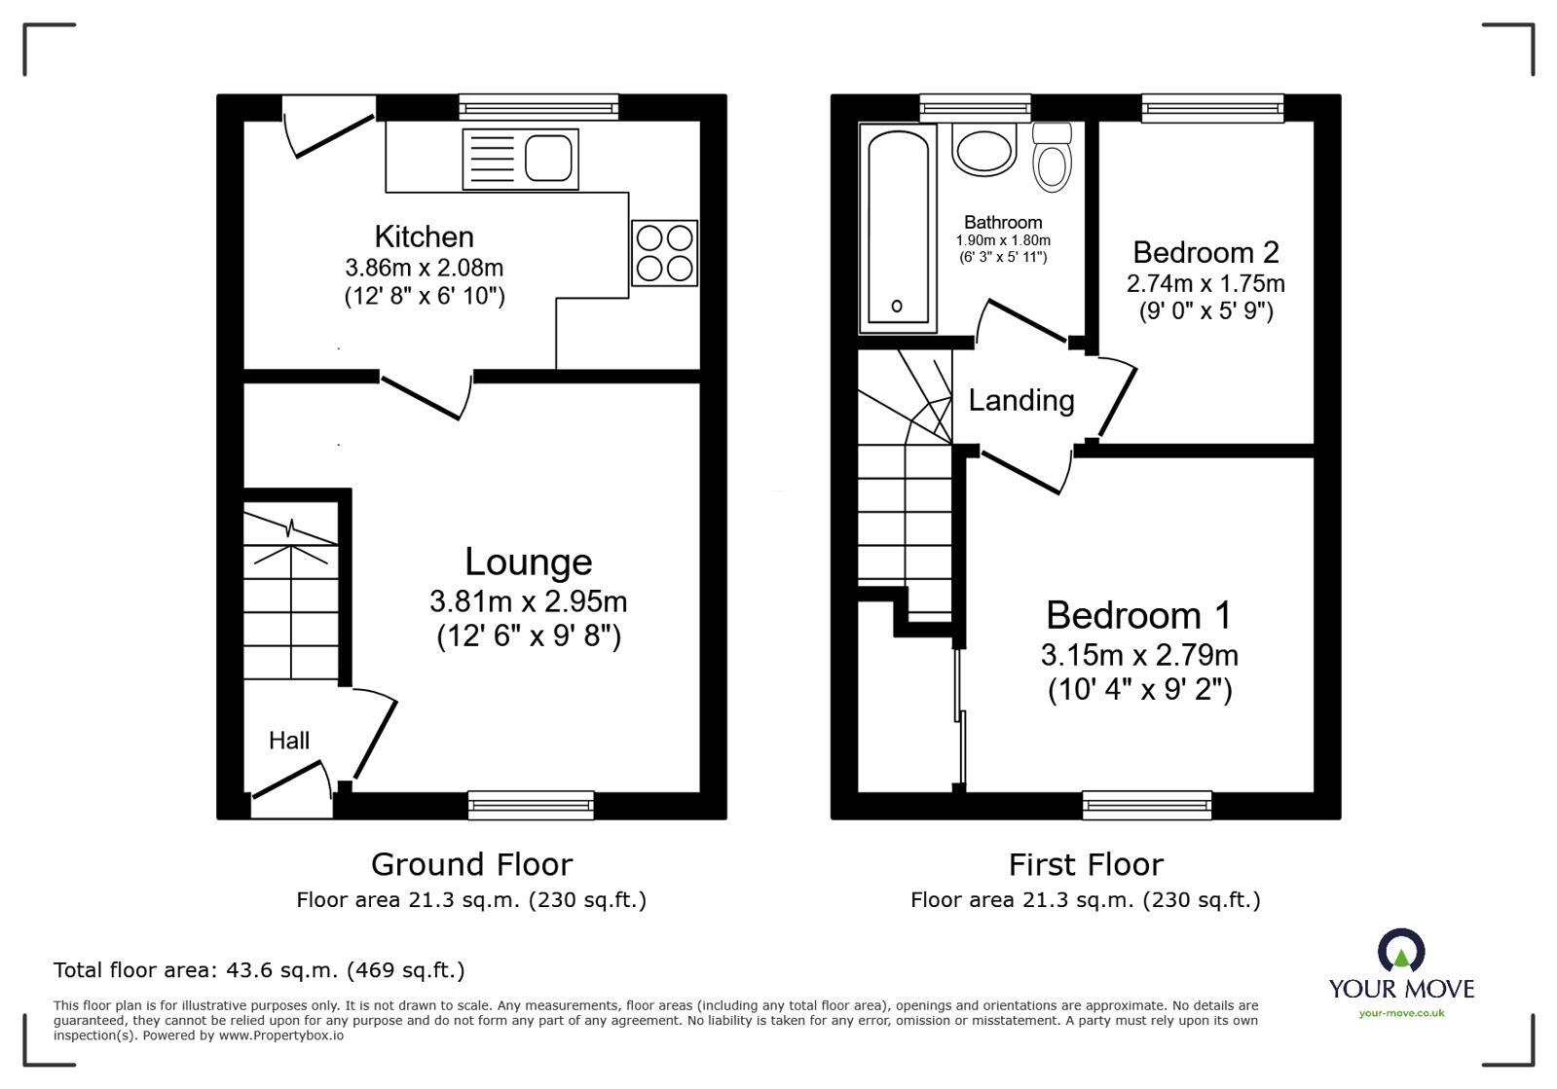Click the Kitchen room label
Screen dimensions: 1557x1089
[x=424, y=236]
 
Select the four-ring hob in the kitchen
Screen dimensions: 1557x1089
[x=664, y=253]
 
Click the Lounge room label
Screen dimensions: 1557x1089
[x=529, y=562]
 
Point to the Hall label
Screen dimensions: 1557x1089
[x=289, y=741]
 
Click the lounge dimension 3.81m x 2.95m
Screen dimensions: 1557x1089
[x=529, y=601]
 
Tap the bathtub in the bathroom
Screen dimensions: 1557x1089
[x=898, y=228]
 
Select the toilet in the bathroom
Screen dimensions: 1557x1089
[x=1052, y=158]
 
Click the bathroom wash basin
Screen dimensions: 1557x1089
[x=983, y=150]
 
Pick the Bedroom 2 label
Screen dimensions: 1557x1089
[x=1206, y=252]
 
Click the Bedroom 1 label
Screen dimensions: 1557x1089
[x=1139, y=615]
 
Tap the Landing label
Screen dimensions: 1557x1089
[x=1021, y=401]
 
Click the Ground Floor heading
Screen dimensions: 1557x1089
[x=472, y=864]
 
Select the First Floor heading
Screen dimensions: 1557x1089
[x=1086, y=864]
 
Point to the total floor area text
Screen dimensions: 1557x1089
[x=259, y=969]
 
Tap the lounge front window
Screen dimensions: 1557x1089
[x=531, y=805]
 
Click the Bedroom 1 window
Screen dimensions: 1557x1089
[x=1147, y=805]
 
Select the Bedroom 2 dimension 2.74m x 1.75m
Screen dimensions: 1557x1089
[x=1206, y=283]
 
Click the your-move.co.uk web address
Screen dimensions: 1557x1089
[x=1401, y=1013]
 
